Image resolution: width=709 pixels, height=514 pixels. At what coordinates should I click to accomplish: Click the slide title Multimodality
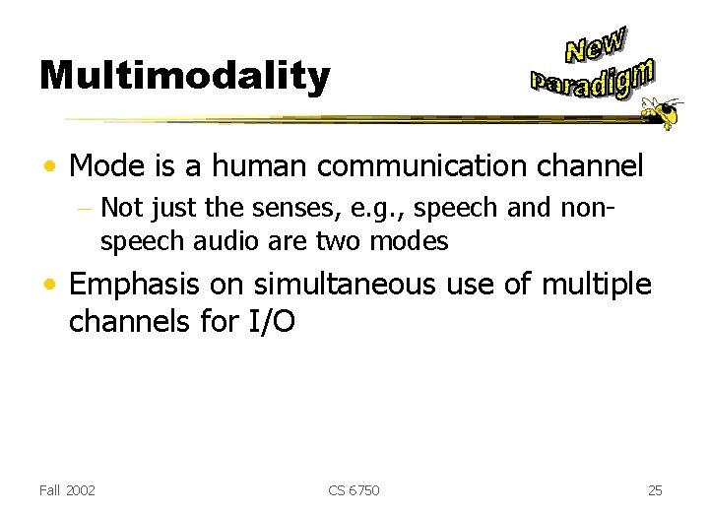pyautogui.click(x=184, y=77)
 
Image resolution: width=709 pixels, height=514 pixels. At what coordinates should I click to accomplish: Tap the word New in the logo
pyautogui.click(x=597, y=46)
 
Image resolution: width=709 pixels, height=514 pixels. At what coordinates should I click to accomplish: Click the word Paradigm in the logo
pyautogui.click(x=592, y=80)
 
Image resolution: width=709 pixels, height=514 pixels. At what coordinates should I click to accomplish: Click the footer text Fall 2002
pyautogui.click(x=68, y=489)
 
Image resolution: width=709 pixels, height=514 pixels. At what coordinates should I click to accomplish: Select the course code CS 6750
pyautogui.click(x=354, y=489)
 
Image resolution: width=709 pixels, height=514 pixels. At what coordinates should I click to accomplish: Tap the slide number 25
pyautogui.click(x=656, y=489)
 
